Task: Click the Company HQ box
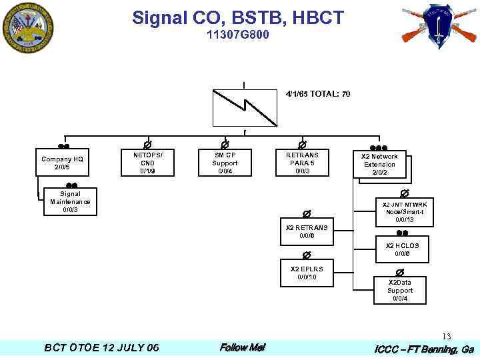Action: pyautogui.click(x=62, y=163)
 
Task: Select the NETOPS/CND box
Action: pyautogui.click(x=148, y=163)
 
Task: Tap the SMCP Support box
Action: pyautogui.click(x=225, y=163)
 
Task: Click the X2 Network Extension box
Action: pyautogui.click(x=379, y=165)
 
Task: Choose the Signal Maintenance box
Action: pyautogui.click(x=71, y=202)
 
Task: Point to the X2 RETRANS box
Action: pyautogui.click(x=307, y=232)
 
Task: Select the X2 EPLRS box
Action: pyautogui.click(x=307, y=273)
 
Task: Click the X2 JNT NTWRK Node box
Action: pyautogui.click(x=405, y=212)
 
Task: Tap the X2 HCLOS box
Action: pyautogui.click(x=402, y=250)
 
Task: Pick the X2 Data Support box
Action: pyautogui.click(x=400, y=291)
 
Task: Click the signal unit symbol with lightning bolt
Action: pyautogui.click(x=244, y=107)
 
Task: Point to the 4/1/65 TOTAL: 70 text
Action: pyautogui.click(x=318, y=94)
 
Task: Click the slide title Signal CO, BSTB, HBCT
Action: pyautogui.click(x=238, y=17)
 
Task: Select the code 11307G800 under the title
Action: pyautogui.click(x=238, y=35)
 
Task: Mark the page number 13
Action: pyautogui.click(x=447, y=337)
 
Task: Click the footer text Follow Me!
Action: pyautogui.click(x=242, y=348)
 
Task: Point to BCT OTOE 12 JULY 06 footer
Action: pyautogui.click(x=101, y=348)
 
